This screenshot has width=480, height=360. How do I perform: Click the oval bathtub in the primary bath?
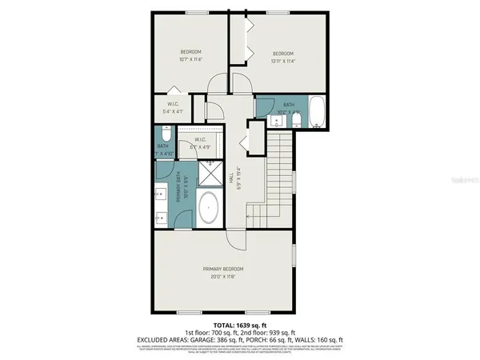click(x=209, y=208)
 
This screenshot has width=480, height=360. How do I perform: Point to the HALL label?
click(x=232, y=183)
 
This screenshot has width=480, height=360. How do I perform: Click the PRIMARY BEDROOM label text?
click(x=222, y=268)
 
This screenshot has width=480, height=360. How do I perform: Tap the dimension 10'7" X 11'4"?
click(x=190, y=58)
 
